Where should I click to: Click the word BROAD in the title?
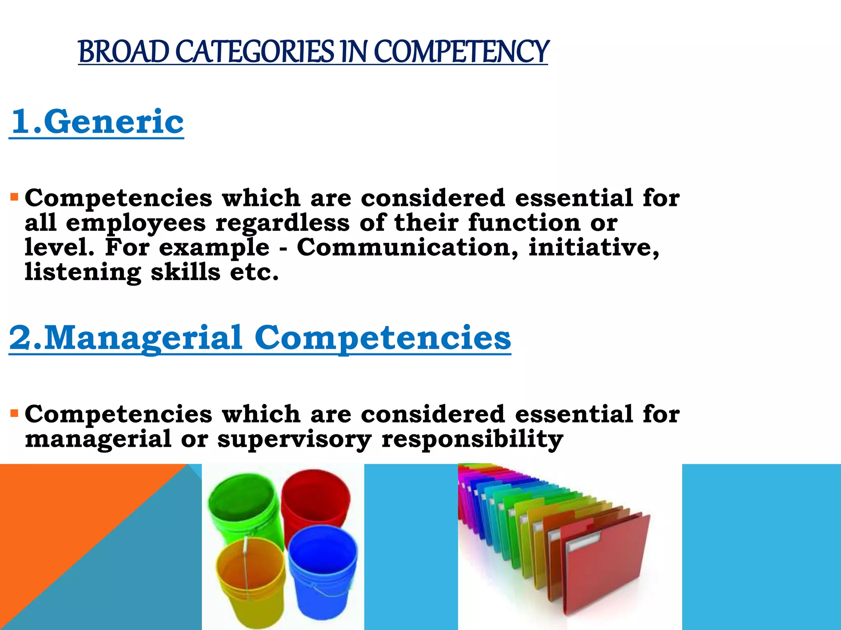point(123,52)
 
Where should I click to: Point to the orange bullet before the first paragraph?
point(15,197)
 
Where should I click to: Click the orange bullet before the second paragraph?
point(15,413)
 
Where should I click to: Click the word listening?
point(83,272)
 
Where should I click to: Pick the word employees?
point(136,223)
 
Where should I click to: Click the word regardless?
point(283,223)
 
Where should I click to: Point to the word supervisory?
point(294,439)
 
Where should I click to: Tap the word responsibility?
point(472,439)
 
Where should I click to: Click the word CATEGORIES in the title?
point(255,52)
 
